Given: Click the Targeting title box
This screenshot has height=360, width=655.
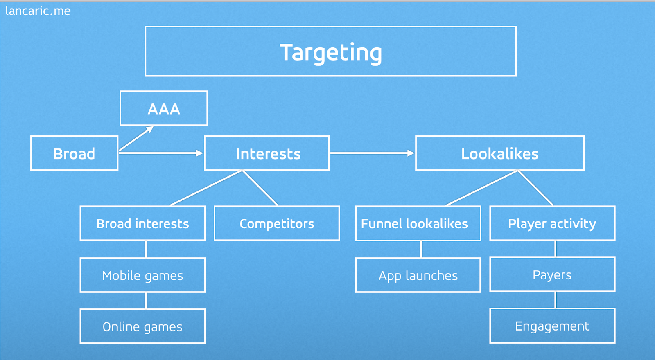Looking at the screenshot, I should (331, 52).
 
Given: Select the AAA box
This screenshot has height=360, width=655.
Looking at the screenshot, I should (164, 108).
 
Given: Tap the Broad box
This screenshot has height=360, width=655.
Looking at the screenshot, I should (74, 153).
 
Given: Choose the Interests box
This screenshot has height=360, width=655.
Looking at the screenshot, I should (267, 153).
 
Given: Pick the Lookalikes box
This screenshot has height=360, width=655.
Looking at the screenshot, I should (500, 153).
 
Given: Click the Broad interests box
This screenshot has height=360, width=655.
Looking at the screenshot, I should (142, 223).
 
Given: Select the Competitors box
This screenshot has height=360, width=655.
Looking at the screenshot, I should (277, 223).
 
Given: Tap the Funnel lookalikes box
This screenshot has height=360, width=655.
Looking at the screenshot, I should (418, 223).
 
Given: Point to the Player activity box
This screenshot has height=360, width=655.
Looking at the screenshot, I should (552, 223).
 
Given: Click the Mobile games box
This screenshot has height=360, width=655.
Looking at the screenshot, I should (142, 275).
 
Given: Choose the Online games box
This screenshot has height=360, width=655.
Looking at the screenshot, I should (142, 326).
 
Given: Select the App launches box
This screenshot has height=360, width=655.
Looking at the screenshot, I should (418, 275).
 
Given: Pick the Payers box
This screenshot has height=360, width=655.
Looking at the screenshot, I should (552, 274).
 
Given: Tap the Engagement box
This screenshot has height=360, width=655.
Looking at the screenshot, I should (552, 326).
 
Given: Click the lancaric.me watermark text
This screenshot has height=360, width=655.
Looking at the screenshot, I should (38, 11).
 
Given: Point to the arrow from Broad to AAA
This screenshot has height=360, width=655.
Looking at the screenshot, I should (136, 139).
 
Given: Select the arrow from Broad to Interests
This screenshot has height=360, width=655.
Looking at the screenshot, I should (161, 153).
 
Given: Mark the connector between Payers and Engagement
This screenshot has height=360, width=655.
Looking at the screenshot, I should (555, 300).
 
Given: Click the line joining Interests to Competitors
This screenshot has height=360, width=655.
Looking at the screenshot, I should (260, 188).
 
